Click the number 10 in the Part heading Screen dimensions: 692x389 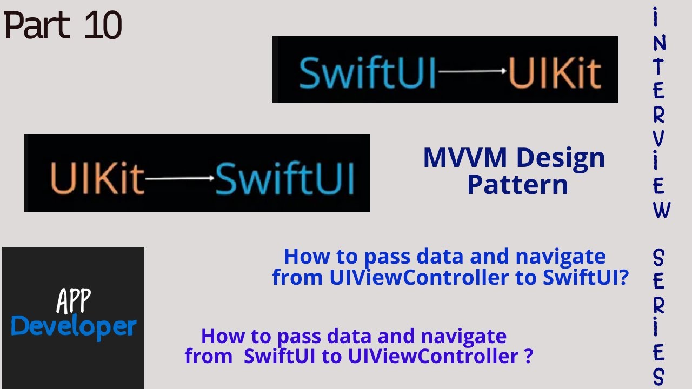coord(103,25)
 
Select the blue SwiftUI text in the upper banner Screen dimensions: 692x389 coord(367,73)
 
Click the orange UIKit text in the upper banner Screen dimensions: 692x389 coord(555,73)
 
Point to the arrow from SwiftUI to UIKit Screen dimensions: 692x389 coord(473,71)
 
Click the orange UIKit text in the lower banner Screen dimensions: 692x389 coord(97,178)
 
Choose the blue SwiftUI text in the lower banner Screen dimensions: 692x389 coord(284,178)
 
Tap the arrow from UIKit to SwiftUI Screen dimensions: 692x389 coord(179,178)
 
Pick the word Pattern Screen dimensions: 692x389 coord(518,185)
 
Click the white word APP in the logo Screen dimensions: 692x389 coord(74,301)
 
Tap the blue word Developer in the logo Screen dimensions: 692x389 coord(74,327)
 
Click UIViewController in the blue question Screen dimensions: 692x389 coord(419,277)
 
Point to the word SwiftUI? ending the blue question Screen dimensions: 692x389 coord(585,277)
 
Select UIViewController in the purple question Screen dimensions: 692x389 coord(434,356)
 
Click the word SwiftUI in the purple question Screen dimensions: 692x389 coord(280,356)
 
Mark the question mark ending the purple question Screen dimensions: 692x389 coord(529,356)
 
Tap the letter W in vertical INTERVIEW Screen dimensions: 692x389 coord(661,210)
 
